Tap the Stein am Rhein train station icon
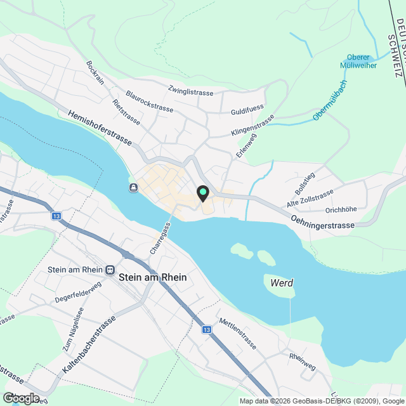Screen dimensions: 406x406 [x=110, y=270]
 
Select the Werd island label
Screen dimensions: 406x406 [x=281, y=283]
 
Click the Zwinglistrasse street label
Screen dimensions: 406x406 [x=191, y=92]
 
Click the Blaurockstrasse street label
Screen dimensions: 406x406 [x=150, y=104]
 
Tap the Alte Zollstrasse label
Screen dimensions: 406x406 [x=310, y=199]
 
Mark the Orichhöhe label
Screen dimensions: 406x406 [x=341, y=209]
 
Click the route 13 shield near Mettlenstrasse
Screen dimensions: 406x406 [x=207, y=330]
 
